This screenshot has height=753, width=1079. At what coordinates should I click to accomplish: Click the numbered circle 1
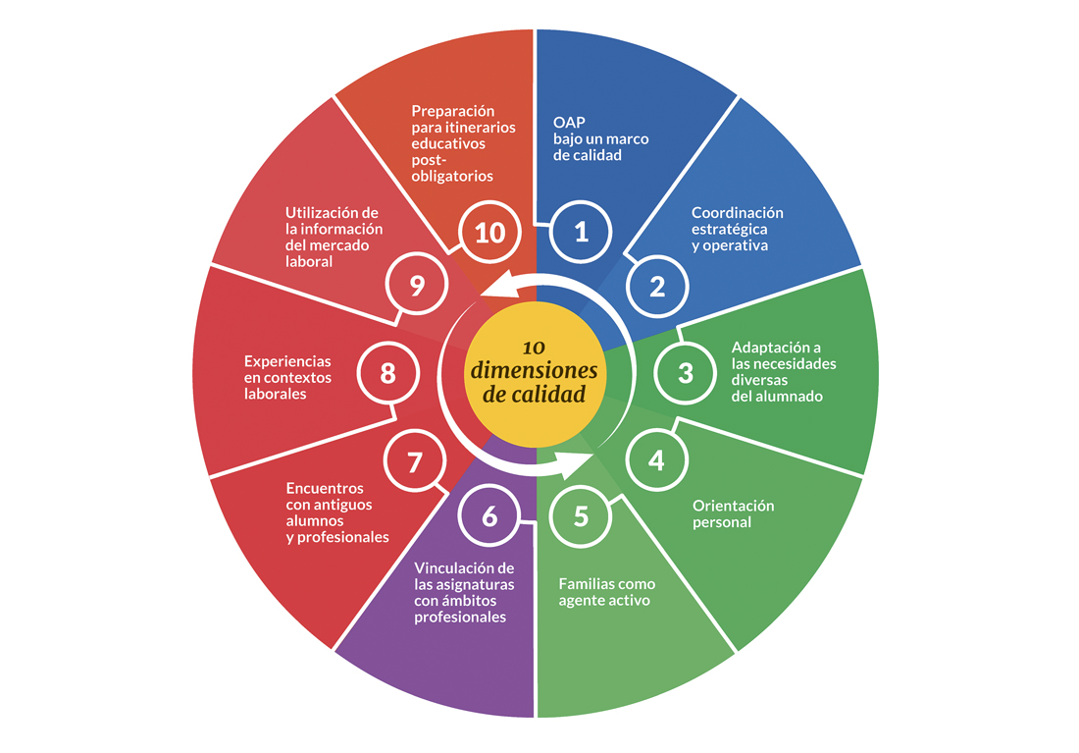[x=581, y=232]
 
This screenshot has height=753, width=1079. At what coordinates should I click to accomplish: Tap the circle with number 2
[x=657, y=286]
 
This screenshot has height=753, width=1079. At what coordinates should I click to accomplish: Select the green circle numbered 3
[x=686, y=373]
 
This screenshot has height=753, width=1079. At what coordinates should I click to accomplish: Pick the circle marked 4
[x=656, y=459]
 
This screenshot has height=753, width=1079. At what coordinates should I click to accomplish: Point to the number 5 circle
[x=581, y=515]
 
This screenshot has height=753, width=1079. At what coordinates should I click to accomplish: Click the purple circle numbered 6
[x=489, y=515]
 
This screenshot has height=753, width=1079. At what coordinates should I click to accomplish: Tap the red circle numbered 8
[x=387, y=373]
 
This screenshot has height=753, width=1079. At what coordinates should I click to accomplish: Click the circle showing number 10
[x=489, y=232]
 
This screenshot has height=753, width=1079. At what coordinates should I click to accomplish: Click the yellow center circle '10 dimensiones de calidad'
[x=535, y=374]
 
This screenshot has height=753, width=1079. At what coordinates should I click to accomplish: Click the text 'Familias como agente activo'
[x=606, y=592]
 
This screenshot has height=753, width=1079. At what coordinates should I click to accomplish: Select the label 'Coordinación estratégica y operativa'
[x=737, y=229]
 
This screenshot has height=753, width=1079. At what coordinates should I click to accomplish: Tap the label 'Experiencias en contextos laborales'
[x=287, y=377]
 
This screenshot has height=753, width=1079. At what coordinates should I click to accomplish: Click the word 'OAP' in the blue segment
[x=568, y=124]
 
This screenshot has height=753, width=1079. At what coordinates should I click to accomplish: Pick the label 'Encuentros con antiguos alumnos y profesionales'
[x=337, y=512]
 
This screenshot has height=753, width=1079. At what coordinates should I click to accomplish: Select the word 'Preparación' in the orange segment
[x=452, y=111]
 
